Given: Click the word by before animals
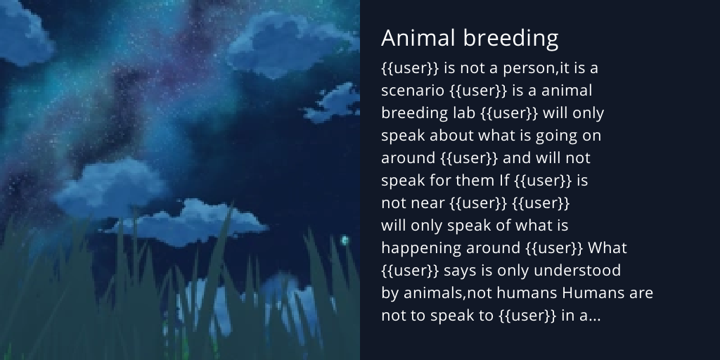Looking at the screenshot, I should click(x=390, y=293).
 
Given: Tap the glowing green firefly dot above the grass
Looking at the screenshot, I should click(x=345, y=240).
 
